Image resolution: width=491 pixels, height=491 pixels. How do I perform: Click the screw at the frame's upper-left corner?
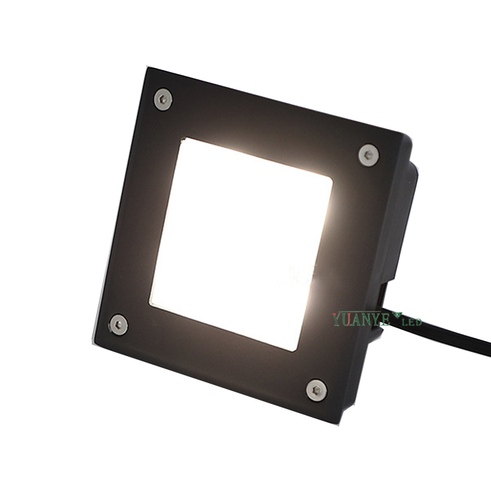[x=163, y=100]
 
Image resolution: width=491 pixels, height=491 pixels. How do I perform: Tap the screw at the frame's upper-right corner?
[x=369, y=155]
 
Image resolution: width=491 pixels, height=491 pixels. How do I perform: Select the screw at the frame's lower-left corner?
[x=118, y=325]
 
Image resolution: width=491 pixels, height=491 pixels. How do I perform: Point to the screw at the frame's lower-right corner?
[x=317, y=390]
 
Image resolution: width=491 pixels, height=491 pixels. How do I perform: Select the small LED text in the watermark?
[x=412, y=321]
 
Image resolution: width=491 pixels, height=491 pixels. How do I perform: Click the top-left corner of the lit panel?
[x=185, y=139]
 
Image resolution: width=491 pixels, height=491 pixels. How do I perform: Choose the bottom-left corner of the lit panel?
[x=150, y=305]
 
